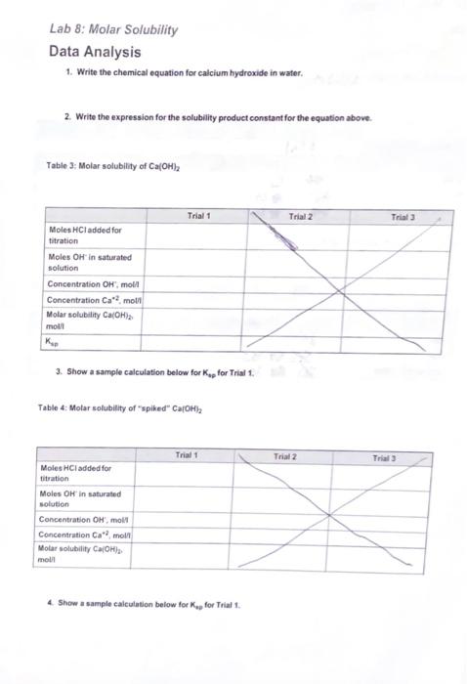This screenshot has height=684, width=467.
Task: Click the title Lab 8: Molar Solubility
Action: click(113, 29)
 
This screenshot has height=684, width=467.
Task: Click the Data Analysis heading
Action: click(95, 52)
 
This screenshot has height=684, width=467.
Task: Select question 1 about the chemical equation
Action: click(185, 74)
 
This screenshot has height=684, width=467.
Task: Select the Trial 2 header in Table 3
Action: click(300, 215)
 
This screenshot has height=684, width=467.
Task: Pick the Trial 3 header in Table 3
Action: click(403, 215)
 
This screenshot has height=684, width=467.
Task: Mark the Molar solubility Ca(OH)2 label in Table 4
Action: click(83, 553)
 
